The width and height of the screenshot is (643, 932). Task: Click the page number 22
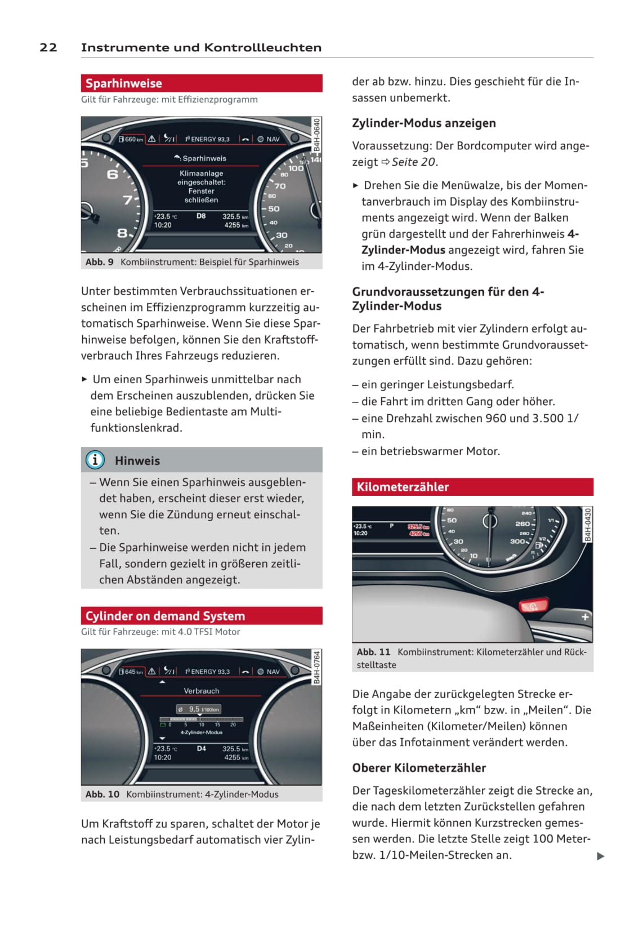[48, 47]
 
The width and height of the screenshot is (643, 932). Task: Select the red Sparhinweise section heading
[124, 83]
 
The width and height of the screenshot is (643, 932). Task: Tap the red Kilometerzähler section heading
[403, 487]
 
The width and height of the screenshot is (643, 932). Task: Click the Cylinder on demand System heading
[165, 616]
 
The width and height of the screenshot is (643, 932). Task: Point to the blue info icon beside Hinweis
[95, 460]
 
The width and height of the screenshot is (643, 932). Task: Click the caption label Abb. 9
[100, 262]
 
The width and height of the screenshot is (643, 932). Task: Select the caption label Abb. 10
[102, 795]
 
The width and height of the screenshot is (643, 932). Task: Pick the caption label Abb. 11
[373, 652]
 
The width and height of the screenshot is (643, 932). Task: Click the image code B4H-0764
[317, 668]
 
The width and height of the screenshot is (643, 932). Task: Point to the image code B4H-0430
[588, 525]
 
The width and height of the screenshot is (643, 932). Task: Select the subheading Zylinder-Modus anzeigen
[424, 123]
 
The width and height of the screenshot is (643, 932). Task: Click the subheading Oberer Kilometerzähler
[419, 767]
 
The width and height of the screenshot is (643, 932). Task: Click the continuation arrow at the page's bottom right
[600, 856]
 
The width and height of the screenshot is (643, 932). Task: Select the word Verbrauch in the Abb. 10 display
[202, 691]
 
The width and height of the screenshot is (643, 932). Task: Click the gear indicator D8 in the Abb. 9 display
[201, 216]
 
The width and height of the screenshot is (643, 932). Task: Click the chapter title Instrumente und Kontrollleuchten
[201, 47]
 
